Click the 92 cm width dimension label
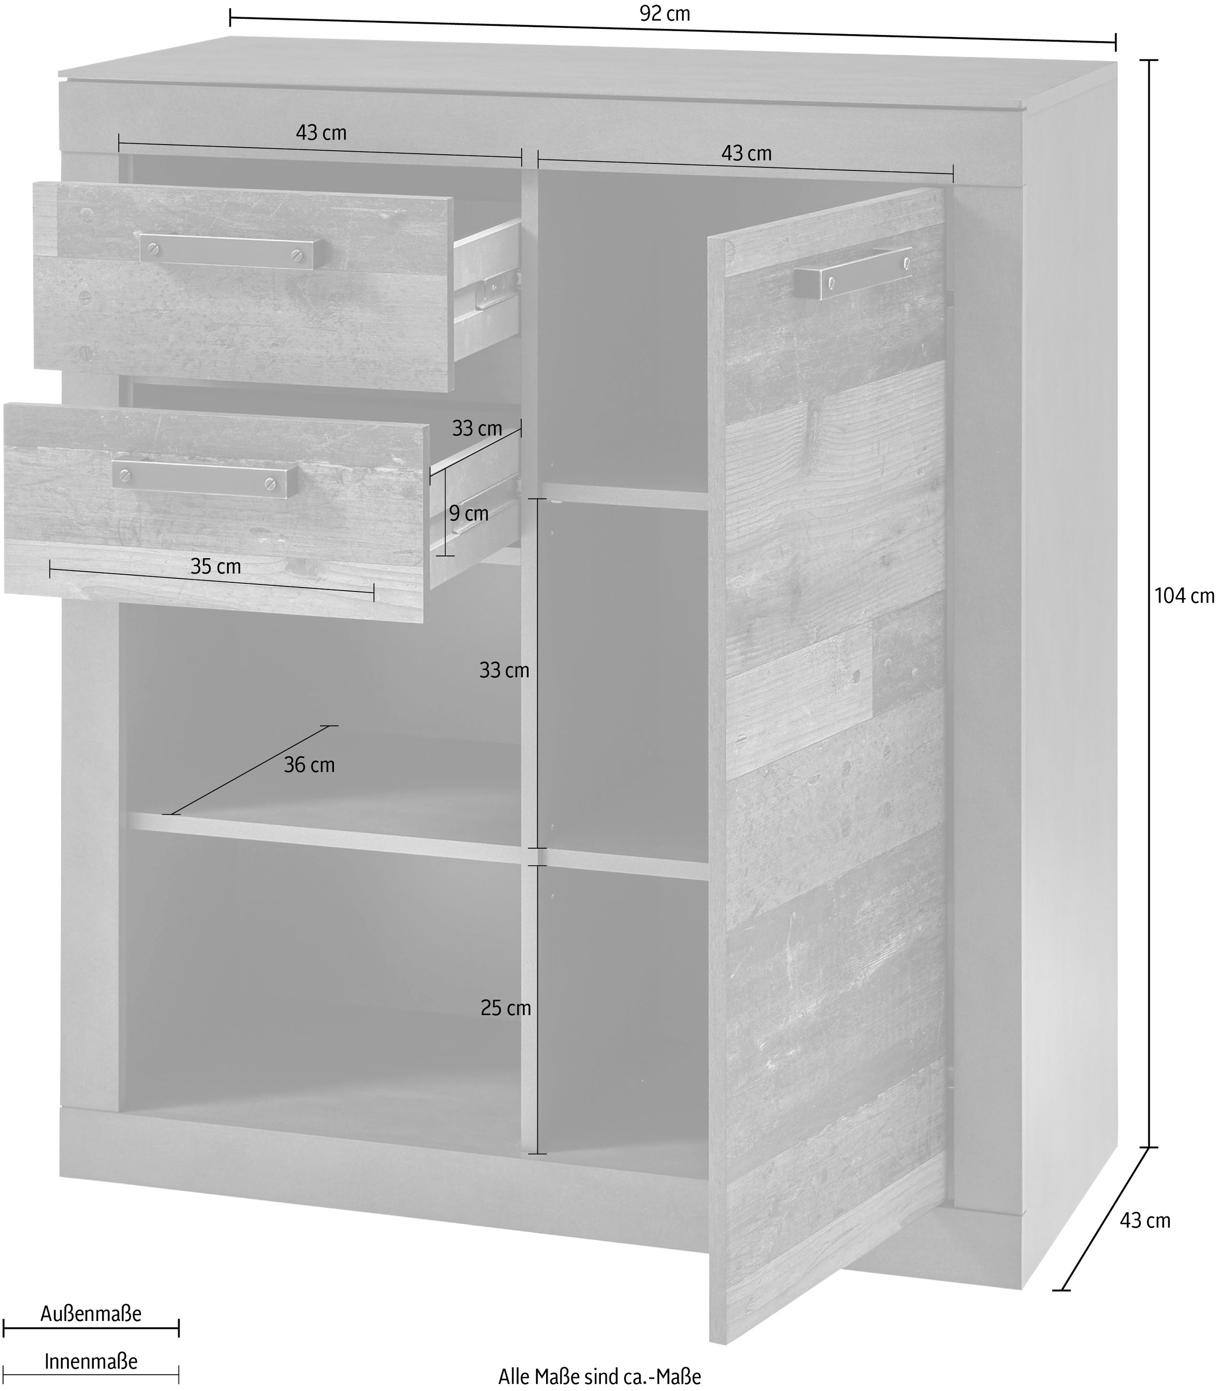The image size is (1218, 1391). point(665,14)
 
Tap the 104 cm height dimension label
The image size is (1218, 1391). point(1184,596)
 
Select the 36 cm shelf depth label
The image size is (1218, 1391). point(309,765)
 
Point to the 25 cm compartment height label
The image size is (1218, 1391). point(505,1008)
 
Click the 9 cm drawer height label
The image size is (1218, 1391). point(469,514)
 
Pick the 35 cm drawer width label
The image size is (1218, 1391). point(216,567)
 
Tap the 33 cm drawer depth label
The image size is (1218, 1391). point(477,429)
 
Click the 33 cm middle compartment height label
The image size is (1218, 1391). point(504,671)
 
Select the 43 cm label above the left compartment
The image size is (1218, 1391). point(321,132)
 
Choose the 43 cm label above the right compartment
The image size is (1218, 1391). point(747,154)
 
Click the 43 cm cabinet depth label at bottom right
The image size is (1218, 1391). point(1145,1221)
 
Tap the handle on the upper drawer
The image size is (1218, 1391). point(230,252)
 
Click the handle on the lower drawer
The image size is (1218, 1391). point(205,478)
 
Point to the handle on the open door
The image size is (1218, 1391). point(854,272)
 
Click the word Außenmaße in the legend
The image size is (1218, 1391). point(91,1313)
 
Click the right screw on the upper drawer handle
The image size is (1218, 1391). point(296,256)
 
